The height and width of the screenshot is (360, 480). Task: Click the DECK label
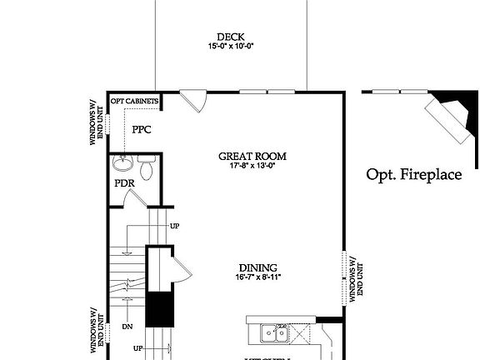pyautogui.click(x=230, y=37)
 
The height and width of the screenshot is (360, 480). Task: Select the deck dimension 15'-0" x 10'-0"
pyautogui.click(x=230, y=47)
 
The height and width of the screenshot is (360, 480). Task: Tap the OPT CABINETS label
pyautogui.click(x=134, y=100)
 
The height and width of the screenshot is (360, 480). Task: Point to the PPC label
pyautogui.click(x=141, y=129)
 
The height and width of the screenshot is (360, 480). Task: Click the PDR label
pyautogui.click(x=124, y=183)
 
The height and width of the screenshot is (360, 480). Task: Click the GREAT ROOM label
pyautogui.click(x=252, y=156)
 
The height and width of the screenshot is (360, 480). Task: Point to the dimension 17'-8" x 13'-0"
pyautogui.click(x=252, y=166)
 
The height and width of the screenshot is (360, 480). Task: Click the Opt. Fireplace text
pyautogui.click(x=413, y=175)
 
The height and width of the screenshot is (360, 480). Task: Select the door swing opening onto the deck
pyautogui.click(x=195, y=101)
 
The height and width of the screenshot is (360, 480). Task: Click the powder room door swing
pyautogui.click(x=133, y=199)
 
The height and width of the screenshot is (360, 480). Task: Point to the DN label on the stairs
pyautogui.click(x=127, y=327)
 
